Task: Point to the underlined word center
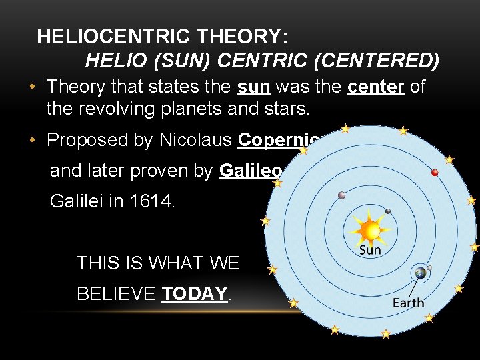pos(377,87)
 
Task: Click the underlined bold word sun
pos(253,87)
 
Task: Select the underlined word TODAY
pos(195,294)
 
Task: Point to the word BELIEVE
pos(117,294)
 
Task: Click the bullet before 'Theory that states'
pos(32,87)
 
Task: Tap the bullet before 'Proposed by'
pos(32,141)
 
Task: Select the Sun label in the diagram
pos(370,251)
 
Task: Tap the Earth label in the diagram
pos(408,303)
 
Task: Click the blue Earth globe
pos(420,273)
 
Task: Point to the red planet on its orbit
pos(435,173)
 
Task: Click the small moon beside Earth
pos(430,268)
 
